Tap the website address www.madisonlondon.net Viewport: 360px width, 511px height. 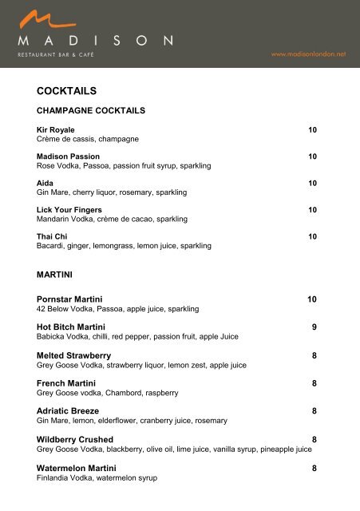point(309,54)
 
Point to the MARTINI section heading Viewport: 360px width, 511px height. point(55,274)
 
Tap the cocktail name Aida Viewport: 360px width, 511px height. point(45,183)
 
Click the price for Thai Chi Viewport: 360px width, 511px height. point(313,237)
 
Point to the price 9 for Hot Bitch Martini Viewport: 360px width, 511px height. point(315,327)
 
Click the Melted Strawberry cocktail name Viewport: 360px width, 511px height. point(73,355)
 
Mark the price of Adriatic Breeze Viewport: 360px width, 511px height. point(315,411)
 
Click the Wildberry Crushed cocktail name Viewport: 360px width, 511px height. point(75,439)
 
